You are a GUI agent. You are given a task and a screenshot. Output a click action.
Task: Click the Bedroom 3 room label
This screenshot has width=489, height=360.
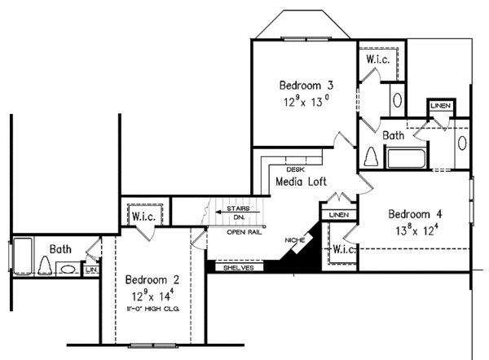point(306,85)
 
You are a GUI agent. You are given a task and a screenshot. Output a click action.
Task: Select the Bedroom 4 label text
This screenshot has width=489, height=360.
point(415,214)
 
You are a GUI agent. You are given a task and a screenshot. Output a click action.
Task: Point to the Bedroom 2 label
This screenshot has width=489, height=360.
point(152,280)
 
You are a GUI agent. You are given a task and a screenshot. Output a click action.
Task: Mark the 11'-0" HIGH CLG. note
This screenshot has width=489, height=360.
point(152,310)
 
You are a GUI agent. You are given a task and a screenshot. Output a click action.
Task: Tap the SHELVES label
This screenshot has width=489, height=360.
point(235,267)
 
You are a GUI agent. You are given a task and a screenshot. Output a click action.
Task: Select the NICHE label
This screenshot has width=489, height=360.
point(295,241)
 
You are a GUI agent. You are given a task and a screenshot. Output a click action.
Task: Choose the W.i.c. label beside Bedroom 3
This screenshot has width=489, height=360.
point(379,59)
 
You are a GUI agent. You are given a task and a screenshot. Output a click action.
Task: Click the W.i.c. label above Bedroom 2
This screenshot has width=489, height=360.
point(144,217)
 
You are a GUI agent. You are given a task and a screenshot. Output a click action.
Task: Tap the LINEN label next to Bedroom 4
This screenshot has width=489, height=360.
point(337,214)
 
